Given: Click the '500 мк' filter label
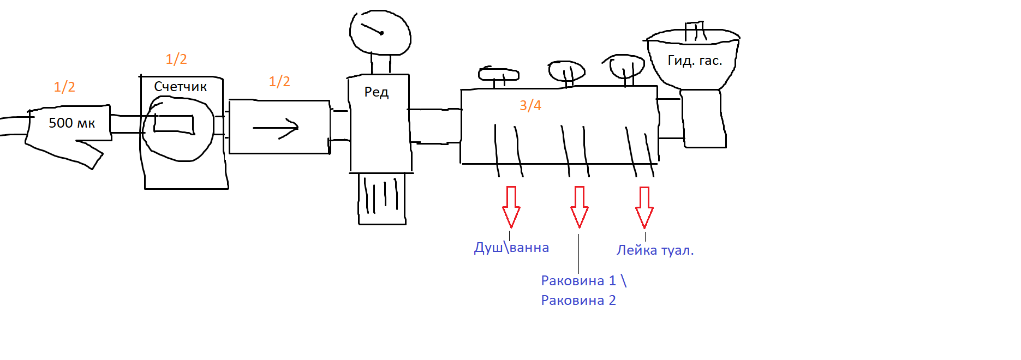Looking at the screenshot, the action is pyautogui.click(x=71, y=123).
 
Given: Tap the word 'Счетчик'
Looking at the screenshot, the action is pyautogui.click(x=180, y=86).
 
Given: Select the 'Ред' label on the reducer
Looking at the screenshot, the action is pyautogui.click(x=377, y=92).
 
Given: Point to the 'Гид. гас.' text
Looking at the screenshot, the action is pyautogui.click(x=695, y=61).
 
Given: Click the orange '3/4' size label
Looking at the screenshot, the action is pyautogui.click(x=530, y=105).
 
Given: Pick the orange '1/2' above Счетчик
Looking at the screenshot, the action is pyautogui.click(x=176, y=59).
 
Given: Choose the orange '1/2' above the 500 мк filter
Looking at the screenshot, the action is pyautogui.click(x=64, y=87).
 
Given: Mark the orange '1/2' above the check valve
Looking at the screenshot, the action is pyautogui.click(x=279, y=81).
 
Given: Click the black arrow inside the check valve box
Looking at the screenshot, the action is pyautogui.click(x=276, y=128).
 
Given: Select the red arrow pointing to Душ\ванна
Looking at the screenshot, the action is pyautogui.click(x=511, y=207).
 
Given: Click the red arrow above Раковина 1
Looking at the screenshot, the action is pyautogui.click(x=580, y=207).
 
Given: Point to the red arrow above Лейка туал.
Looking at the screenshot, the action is pyautogui.click(x=644, y=208).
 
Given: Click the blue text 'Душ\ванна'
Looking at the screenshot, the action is pyautogui.click(x=511, y=248).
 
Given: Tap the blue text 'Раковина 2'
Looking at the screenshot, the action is pyautogui.click(x=578, y=301).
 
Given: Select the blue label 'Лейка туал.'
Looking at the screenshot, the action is pyautogui.click(x=655, y=250).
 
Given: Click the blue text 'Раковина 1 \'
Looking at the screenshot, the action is pyautogui.click(x=583, y=281).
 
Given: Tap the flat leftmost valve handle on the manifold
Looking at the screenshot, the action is pyautogui.click(x=499, y=74).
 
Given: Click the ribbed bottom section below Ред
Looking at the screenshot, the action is pyautogui.click(x=382, y=199).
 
